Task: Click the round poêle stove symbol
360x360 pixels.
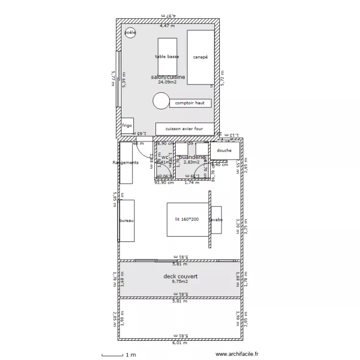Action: (130, 33)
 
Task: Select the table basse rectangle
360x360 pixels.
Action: (167, 57)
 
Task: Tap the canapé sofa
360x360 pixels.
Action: (200, 57)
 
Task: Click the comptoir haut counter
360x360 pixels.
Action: (190, 103)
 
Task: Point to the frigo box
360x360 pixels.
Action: (127, 126)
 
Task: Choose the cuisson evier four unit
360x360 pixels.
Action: (184, 129)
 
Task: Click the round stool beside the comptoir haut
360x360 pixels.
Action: (161, 101)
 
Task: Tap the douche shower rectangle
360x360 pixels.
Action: (224, 150)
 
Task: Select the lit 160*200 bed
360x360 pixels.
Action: (187, 219)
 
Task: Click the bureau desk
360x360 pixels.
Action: (127, 220)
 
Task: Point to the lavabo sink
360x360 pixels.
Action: (216, 220)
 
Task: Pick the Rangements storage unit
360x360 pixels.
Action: (126, 163)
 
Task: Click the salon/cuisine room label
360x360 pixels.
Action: (168, 77)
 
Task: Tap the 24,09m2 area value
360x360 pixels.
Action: (167, 82)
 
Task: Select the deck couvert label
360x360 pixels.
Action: (180, 276)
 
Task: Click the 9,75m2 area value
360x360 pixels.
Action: (180, 282)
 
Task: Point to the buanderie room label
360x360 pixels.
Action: (192, 157)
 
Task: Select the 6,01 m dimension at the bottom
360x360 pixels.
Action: (180, 343)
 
